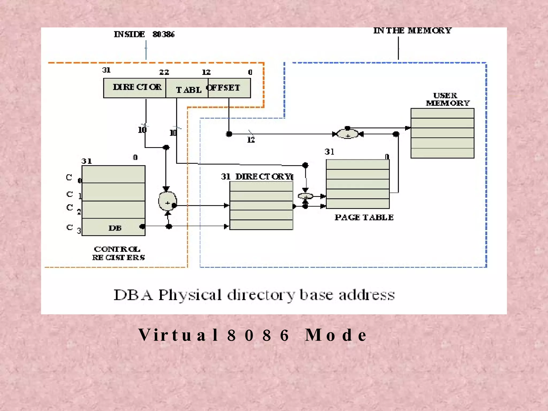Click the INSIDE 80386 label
[x=144, y=34]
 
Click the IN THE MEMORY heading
[x=412, y=31]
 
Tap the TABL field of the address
[x=187, y=88]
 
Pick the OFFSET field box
[x=229, y=88]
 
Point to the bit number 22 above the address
[x=164, y=72]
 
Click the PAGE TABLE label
[x=364, y=217]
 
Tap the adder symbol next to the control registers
[x=167, y=201]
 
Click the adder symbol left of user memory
[x=347, y=134]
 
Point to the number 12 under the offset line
[x=251, y=140]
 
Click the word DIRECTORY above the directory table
[x=264, y=177]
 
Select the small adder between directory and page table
[x=305, y=196]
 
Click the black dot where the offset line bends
[x=229, y=134]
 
